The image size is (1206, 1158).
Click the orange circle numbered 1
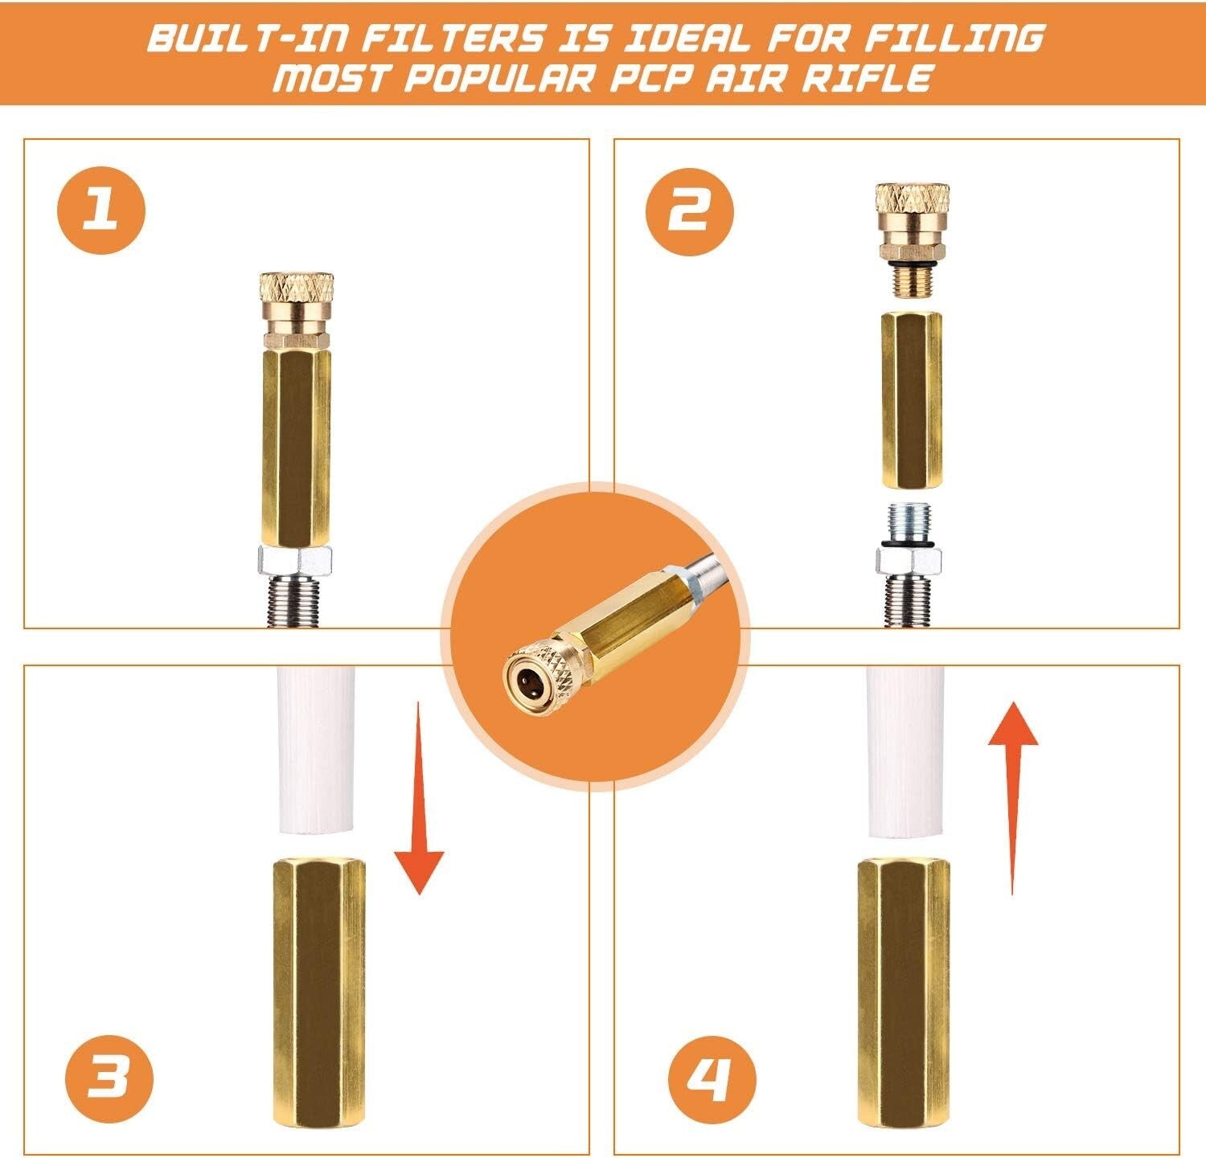pyautogui.click(x=100, y=212)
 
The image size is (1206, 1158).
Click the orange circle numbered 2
pyautogui.click(x=690, y=212)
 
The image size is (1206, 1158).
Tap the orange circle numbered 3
pyautogui.click(x=109, y=1074)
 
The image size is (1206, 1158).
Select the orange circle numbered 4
pyautogui.click(x=712, y=1074)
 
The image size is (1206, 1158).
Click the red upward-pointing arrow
pyautogui.click(x=1013, y=796)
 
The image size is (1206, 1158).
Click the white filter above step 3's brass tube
pyautogui.click(x=315, y=751)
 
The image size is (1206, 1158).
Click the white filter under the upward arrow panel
pyautogui.click(x=904, y=751)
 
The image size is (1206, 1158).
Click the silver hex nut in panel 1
pyautogui.click(x=295, y=557)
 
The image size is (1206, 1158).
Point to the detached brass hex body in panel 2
pyautogui.click(x=912, y=400)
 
